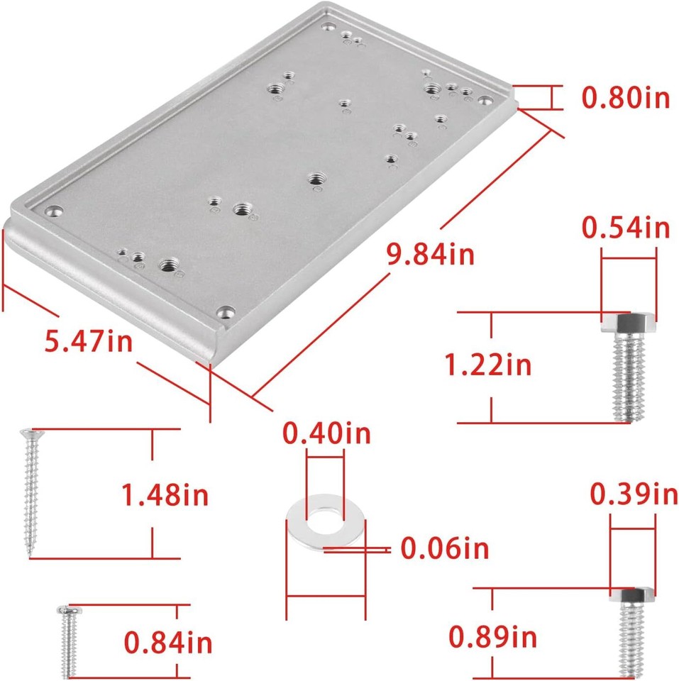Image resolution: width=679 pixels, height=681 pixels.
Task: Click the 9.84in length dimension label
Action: pyautogui.click(x=431, y=253)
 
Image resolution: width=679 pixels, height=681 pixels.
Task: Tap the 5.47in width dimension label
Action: pyautogui.click(x=89, y=342)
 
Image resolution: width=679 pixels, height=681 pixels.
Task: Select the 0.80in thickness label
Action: pyautogui.click(x=626, y=98)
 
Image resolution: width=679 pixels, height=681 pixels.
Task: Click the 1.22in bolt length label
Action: pyautogui.click(x=487, y=365)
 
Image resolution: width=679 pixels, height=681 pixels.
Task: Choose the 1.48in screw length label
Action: pyautogui.click(x=165, y=494)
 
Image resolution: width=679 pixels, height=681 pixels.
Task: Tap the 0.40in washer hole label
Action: pyautogui.click(x=326, y=433)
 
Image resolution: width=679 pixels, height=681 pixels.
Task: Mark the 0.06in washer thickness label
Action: pyautogui.click(x=445, y=548)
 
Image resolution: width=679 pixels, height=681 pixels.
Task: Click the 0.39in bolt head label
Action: pyautogui.click(x=634, y=494)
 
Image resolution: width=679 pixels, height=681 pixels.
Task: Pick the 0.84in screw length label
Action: pyautogui.click(x=168, y=643)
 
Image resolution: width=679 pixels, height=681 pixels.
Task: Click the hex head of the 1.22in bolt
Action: pyautogui.click(x=629, y=324)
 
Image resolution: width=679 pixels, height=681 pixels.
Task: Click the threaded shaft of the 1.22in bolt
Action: pyautogui.click(x=629, y=376)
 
